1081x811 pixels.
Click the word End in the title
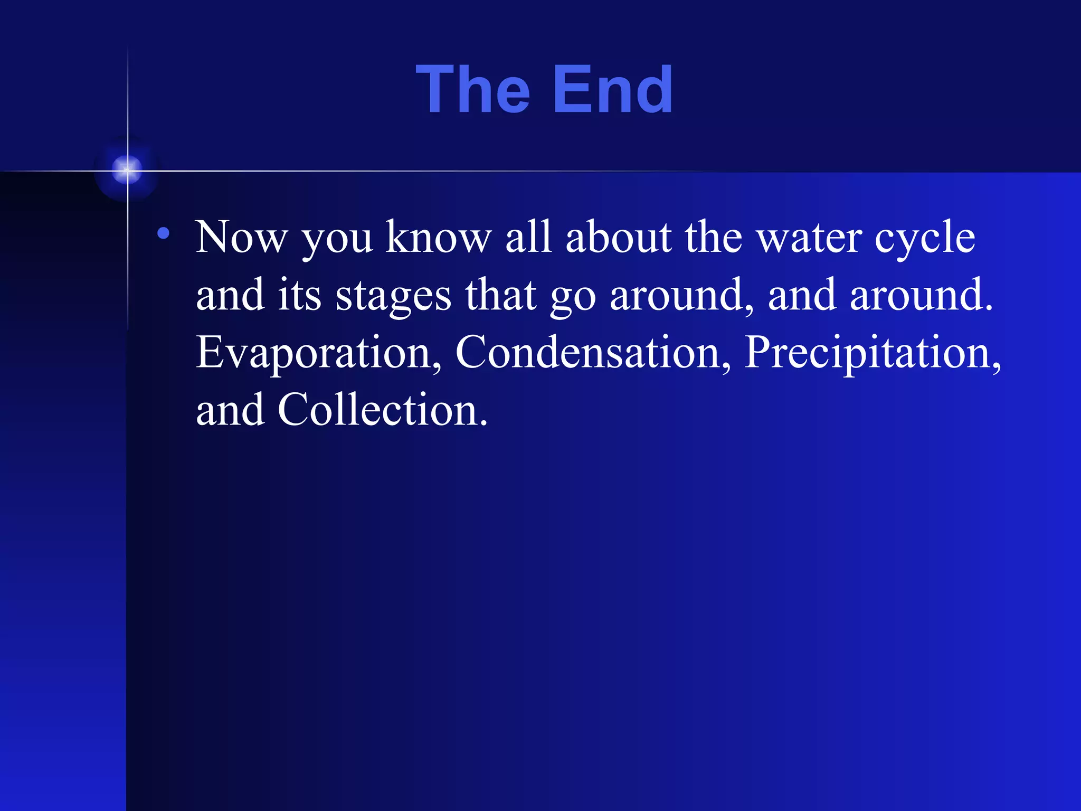612,90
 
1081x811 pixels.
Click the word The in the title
472,90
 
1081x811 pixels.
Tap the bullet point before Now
164,233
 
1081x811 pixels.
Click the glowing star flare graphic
127,170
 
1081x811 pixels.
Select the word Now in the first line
241,238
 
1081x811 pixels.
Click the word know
438,238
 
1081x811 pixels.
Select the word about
619,238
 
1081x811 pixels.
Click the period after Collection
484,423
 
